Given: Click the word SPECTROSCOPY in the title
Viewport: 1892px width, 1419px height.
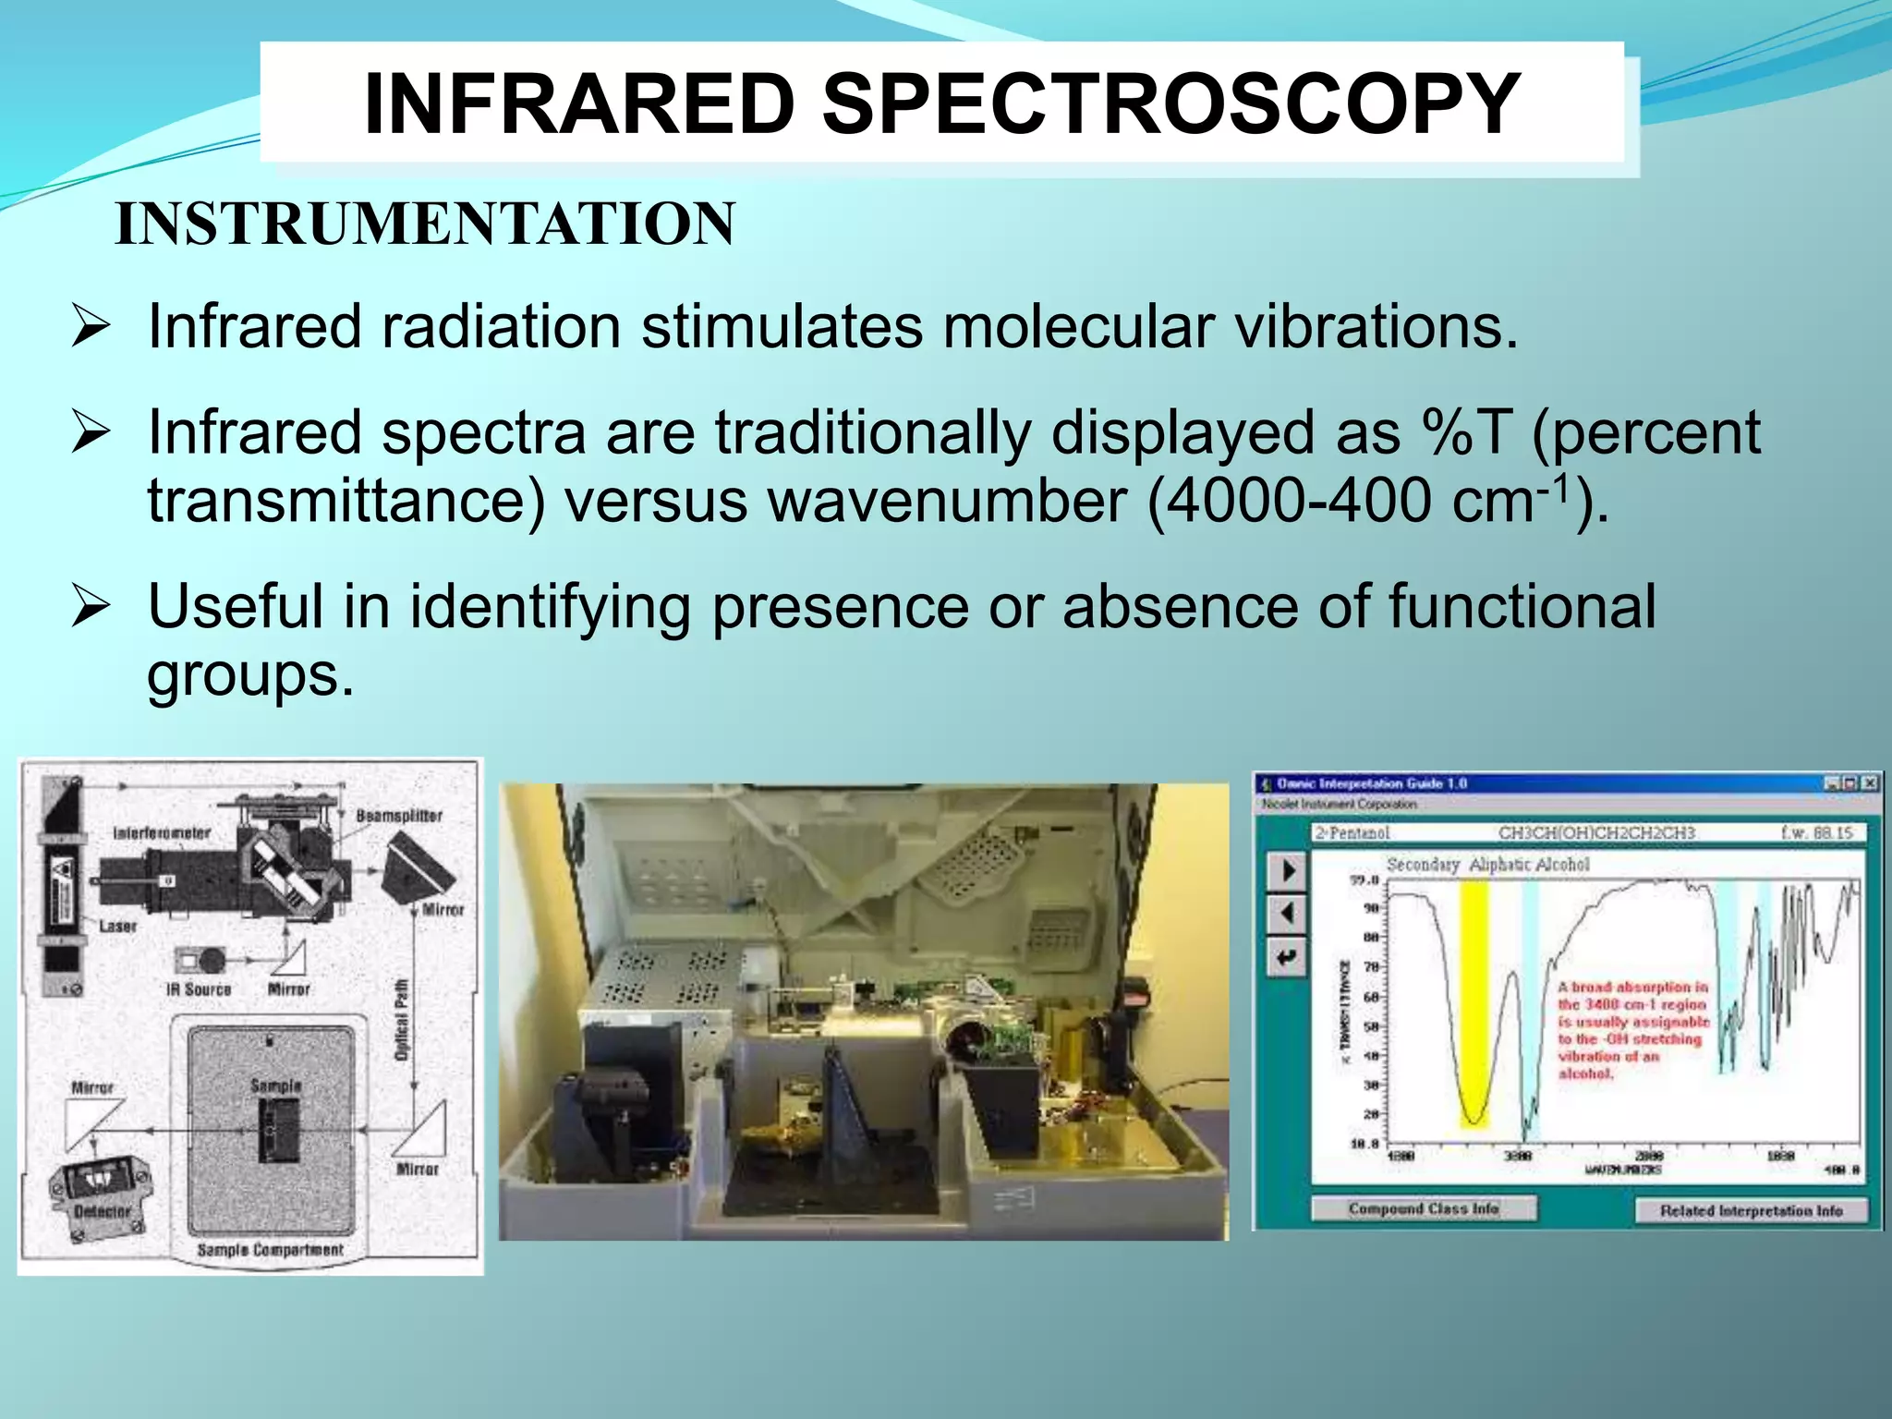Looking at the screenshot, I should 1170,103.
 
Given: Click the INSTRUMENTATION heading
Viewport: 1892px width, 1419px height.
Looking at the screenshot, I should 425,224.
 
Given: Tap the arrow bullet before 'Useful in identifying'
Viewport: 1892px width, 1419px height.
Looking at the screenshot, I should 91,608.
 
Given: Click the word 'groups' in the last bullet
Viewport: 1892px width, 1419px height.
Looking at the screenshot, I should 248,675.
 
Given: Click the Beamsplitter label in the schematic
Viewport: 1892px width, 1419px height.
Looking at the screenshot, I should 399,816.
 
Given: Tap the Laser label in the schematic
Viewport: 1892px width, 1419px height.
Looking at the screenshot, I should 117,926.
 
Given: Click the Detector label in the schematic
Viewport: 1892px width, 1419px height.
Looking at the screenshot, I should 103,1210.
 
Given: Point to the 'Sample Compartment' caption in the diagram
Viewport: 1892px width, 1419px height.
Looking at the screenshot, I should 270,1250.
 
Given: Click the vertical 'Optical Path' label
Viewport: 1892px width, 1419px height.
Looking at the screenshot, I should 401,1020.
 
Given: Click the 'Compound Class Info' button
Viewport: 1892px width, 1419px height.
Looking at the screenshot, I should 1424,1208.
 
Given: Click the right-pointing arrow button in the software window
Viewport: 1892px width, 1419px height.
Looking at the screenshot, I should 1288,871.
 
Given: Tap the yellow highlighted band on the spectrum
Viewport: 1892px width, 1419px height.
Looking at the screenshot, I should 1474,998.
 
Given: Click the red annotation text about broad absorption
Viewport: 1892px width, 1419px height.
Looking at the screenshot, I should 1632,1030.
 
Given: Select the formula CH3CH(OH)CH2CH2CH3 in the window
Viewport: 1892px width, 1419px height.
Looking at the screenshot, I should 1596,832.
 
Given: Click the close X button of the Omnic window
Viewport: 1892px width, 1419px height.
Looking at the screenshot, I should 1869,783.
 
